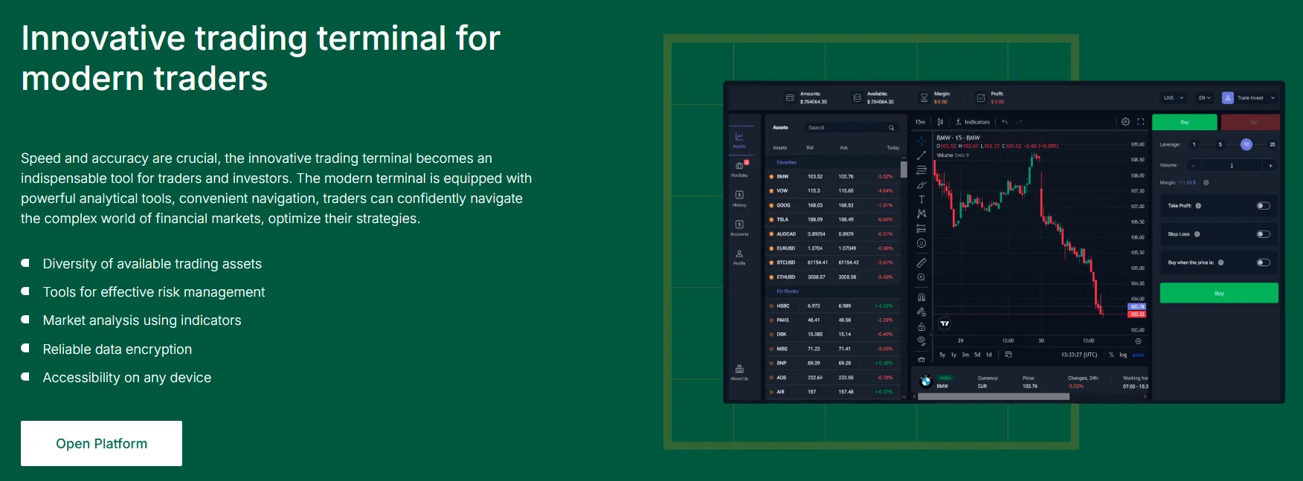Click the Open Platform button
101,444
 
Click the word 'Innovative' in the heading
103,39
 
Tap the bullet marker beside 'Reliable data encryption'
25,349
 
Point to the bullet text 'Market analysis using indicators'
142,320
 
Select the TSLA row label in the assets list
782,219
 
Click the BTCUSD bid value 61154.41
817,262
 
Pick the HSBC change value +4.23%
884,306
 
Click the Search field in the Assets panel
848,128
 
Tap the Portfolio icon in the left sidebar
739,167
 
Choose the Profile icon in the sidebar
739,255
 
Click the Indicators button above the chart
973,122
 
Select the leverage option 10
1246,145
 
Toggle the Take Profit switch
1263,206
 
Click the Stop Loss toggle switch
1263,234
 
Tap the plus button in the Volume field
1270,166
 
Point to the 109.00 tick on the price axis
1138,144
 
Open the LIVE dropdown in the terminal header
1173,97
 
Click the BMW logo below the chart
926,381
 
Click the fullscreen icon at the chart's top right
1141,122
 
